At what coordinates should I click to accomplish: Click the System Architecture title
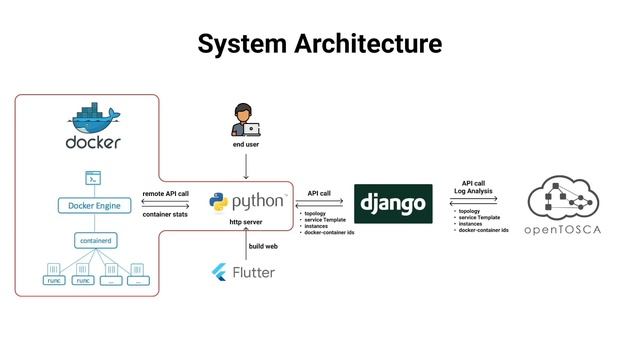(319, 44)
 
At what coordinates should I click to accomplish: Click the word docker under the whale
(93, 143)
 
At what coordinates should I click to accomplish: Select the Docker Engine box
(92, 206)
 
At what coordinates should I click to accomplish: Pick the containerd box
(92, 240)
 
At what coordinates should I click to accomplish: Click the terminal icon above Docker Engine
(92, 179)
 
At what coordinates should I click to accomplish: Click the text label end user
(245, 144)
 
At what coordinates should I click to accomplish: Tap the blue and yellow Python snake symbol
(219, 202)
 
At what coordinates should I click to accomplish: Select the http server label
(246, 221)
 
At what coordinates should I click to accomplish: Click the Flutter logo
(221, 272)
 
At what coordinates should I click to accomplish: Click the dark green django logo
(393, 204)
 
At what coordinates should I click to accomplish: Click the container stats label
(166, 214)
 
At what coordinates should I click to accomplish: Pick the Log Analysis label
(474, 190)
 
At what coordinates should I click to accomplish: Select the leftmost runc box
(54, 280)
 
